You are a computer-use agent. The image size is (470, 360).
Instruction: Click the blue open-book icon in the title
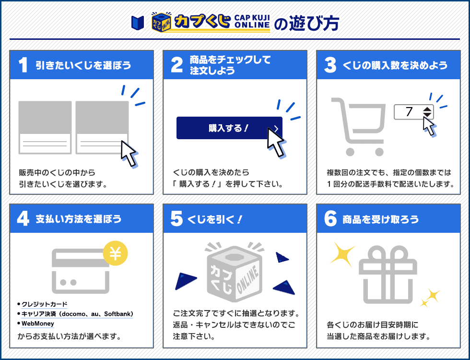(x=138, y=23)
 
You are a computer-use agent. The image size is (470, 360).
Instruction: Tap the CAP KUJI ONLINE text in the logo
(x=252, y=22)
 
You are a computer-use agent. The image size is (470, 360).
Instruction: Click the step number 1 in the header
(x=23, y=65)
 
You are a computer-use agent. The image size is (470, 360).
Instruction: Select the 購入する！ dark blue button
(x=229, y=128)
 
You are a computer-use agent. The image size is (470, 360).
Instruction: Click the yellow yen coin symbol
(x=115, y=253)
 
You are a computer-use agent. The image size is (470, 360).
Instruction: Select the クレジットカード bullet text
(x=44, y=304)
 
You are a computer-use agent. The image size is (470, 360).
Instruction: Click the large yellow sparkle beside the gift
(x=342, y=253)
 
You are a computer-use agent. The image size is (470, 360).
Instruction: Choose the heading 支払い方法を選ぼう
(x=79, y=219)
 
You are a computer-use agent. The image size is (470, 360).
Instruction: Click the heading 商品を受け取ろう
(x=381, y=219)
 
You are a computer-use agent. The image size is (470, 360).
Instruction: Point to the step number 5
(x=176, y=219)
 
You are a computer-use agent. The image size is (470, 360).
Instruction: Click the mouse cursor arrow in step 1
(x=129, y=153)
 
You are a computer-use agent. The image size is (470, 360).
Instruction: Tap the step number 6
(x=330, y=219)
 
